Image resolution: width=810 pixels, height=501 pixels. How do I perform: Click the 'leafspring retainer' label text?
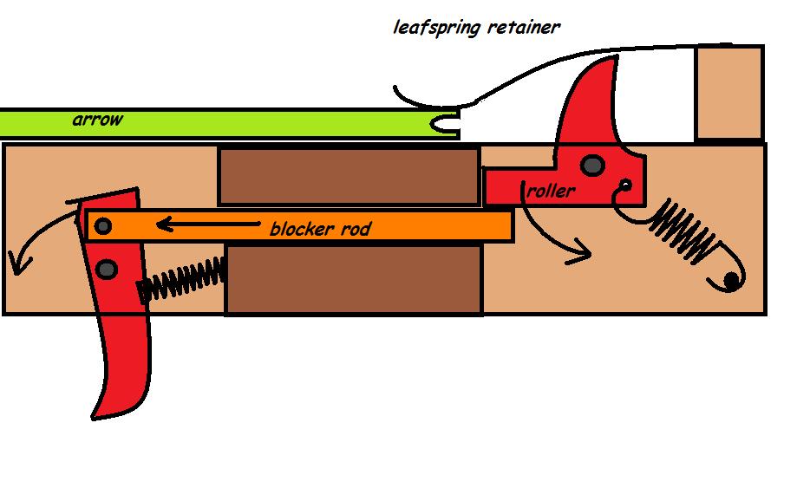(x=476, y=26)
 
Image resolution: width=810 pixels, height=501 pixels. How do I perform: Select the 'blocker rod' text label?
(x=320, y=229)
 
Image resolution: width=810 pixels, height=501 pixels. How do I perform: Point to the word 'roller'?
(x=550, y=191)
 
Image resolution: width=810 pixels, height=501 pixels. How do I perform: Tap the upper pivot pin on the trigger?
(x=103, y=227)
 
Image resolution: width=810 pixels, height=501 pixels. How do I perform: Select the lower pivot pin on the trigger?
(x=108, y=270)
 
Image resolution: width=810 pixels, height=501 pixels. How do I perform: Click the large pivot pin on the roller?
(x=593, y=164)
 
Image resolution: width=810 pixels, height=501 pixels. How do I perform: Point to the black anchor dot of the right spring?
(x=732, y=279)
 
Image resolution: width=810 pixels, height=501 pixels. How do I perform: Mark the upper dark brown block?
(x=349, y=176)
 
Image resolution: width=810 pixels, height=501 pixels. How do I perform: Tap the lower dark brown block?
(x=354, y=279)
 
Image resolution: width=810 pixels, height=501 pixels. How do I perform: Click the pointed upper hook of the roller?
(x=607, y=69)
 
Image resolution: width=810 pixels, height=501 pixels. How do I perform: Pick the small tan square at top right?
(x=728, y=93)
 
